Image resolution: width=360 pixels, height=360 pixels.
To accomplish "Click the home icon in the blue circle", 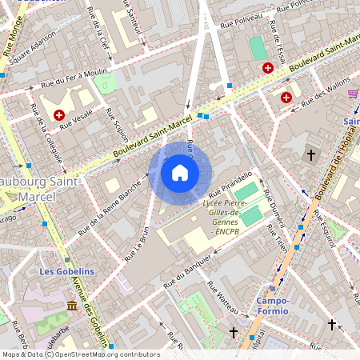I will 180,173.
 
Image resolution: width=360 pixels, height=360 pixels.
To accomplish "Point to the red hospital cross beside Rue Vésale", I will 59,115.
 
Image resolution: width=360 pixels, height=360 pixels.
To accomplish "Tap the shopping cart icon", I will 353,94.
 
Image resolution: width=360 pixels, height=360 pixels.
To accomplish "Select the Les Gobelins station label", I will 66,271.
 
